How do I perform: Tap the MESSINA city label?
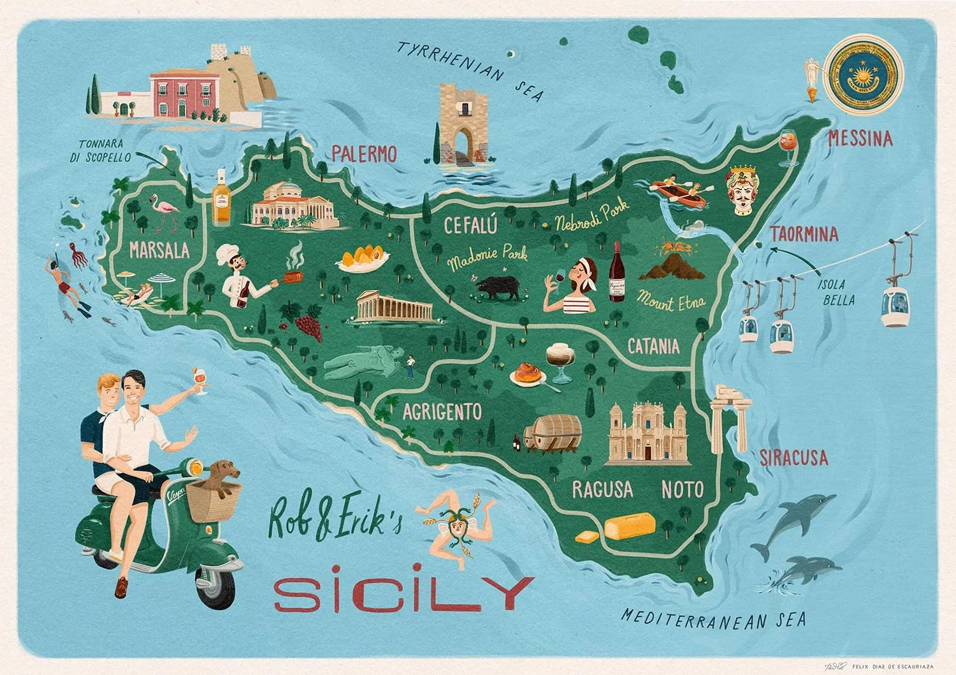tap(860, 138)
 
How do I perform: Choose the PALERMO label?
tap(364, 154)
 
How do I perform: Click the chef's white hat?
tap(226, 254)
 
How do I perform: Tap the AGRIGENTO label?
tap(442, 411)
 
